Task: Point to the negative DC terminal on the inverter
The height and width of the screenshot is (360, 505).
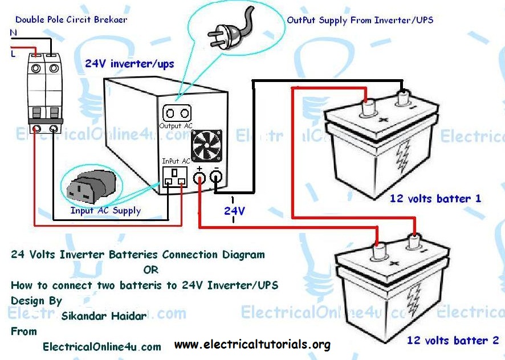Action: (216, 179)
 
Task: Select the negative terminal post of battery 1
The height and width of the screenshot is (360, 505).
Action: (405, 99)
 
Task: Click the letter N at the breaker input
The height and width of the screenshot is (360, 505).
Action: (13, 33)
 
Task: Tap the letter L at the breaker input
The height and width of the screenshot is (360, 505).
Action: (13, 54)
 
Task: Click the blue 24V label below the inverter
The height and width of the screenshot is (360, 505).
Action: (234, 211)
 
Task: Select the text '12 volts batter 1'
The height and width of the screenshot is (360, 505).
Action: (435, 199)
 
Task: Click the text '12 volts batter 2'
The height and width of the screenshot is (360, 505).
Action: (452, 341)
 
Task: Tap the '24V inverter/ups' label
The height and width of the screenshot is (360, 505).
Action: (129, 64)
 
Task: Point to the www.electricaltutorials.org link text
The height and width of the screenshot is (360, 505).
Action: (252, 345)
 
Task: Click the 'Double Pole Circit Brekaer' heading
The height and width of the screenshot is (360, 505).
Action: (71, 19)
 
